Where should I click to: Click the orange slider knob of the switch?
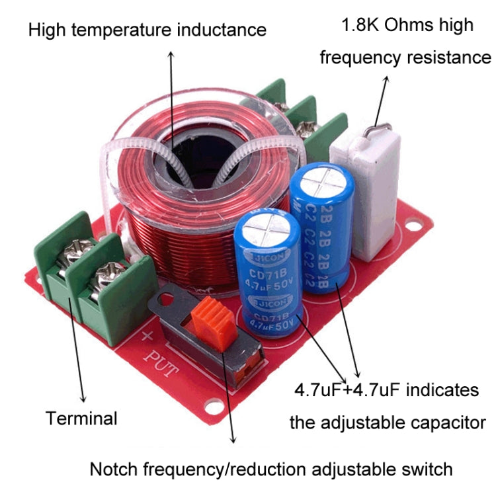pyautogui.click(x=214, y=323)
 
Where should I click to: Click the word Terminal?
pyautogui.click(x=81, y=418)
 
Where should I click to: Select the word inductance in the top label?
pyautogui.click(x=222, y=30)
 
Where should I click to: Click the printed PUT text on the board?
pyautogui.click(x=161, y=364)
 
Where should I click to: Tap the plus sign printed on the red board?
pyautogui.click(x=146, y=336)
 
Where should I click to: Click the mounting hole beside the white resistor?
pyautogui.click(x=413, y=226)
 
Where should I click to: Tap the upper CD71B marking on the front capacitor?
pyautogui.click(x=268, y=273)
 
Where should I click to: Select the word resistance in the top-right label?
pyautogui.click(x=448, y=58)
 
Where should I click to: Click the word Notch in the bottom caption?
pyautogui.click(x=114, y=469)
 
